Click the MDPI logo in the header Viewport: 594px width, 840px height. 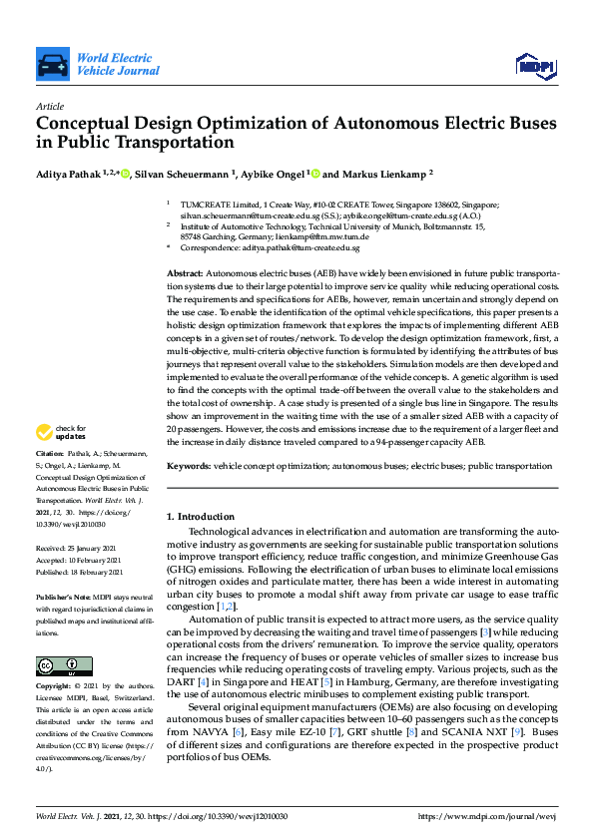coord(534,66)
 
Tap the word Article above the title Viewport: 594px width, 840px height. coord(50,106)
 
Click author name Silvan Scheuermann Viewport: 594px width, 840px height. coord(182,174)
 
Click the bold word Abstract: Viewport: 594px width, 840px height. coord(186,273)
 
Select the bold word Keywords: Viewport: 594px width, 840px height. coord(189,466)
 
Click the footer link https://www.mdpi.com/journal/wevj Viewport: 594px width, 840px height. coord(491,816)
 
